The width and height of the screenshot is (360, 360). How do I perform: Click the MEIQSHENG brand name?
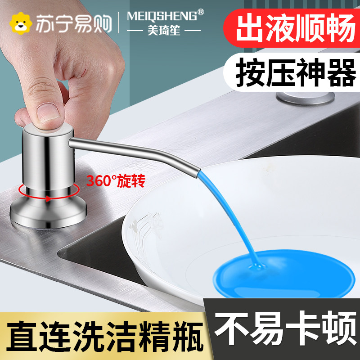161,17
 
